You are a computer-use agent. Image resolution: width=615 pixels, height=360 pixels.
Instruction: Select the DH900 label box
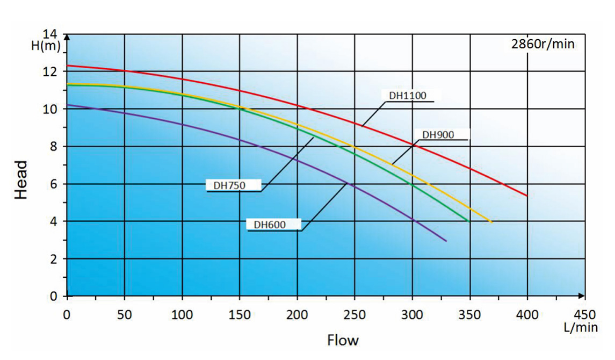click(x=438, y=135)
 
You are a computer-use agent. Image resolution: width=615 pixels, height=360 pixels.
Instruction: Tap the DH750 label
click(x=230, y=185)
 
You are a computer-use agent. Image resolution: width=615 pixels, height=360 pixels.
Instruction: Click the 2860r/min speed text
click(x=542, y=44)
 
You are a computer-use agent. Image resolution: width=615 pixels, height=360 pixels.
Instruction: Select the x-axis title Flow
click(x=343, y=340)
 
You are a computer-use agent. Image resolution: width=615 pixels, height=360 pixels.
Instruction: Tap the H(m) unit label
click(x=46, y=46)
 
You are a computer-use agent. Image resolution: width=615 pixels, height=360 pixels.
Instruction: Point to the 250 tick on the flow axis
click(x=354, y=314)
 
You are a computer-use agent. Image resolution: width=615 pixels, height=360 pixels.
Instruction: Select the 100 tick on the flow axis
click(x=182, y=314)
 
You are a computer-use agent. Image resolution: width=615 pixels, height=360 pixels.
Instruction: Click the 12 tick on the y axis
click(x=52, y=71)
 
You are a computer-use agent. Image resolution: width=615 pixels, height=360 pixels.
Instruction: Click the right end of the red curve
click(x=527, y=196)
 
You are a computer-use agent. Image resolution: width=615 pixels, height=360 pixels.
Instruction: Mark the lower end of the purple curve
click(x=446, y=241)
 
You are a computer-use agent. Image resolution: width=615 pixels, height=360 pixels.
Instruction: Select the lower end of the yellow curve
click(x=491, y=222)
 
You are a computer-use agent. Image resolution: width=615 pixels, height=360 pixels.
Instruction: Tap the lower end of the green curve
click(x=469, y=221)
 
